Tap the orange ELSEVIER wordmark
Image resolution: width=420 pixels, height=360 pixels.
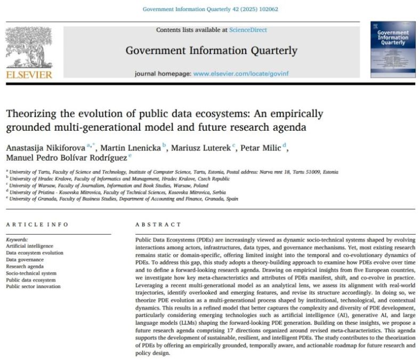(30, 75)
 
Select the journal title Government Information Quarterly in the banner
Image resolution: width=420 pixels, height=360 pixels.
(212, 51)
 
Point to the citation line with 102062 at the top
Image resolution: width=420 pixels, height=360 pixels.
(211, 9)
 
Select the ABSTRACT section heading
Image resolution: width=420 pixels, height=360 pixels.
(158, 225)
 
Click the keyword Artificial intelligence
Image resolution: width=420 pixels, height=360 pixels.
(30, 246)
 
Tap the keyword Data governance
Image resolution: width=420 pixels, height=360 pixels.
(25, 259)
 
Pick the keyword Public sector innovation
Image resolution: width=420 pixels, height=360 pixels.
(33, 286)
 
